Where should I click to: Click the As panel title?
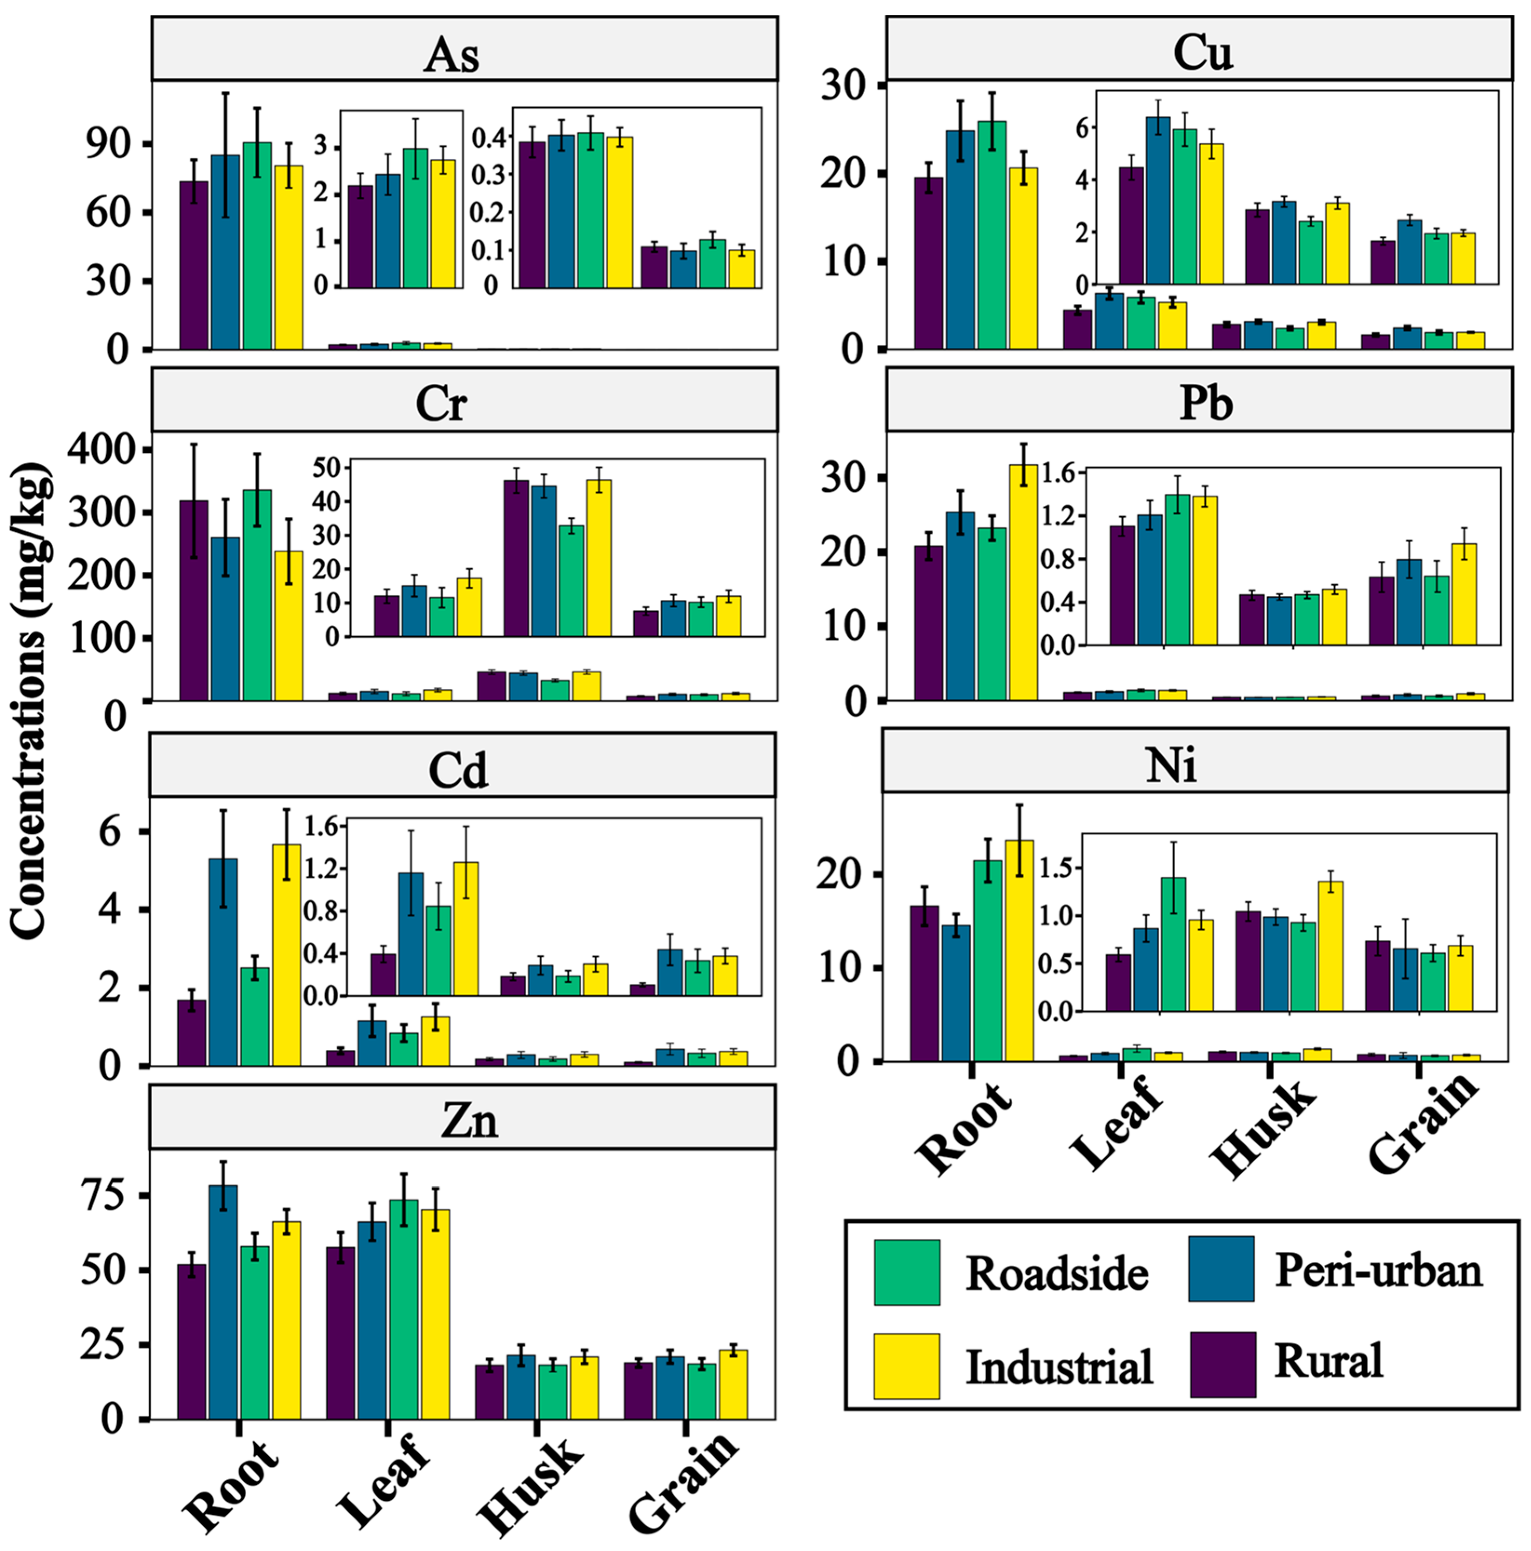(x=452, y=54)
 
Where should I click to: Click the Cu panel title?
(x=1202, y=53)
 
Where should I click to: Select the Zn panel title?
(x=470, y=1120)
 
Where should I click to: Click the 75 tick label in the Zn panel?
(x=103, y=1195)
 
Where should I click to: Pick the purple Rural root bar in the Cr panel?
(x=194, y=600)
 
